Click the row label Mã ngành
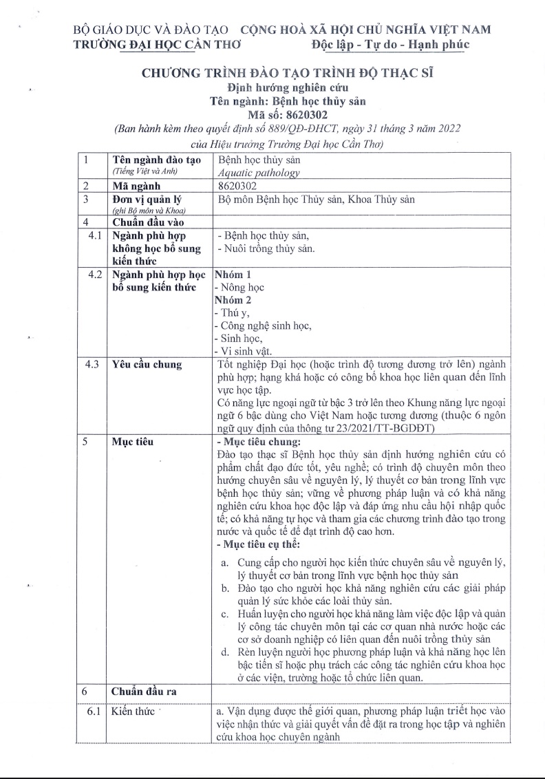[136, 186]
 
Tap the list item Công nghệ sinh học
[264, 326]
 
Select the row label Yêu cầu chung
[147, 365]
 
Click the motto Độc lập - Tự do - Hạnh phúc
[389, 45]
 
